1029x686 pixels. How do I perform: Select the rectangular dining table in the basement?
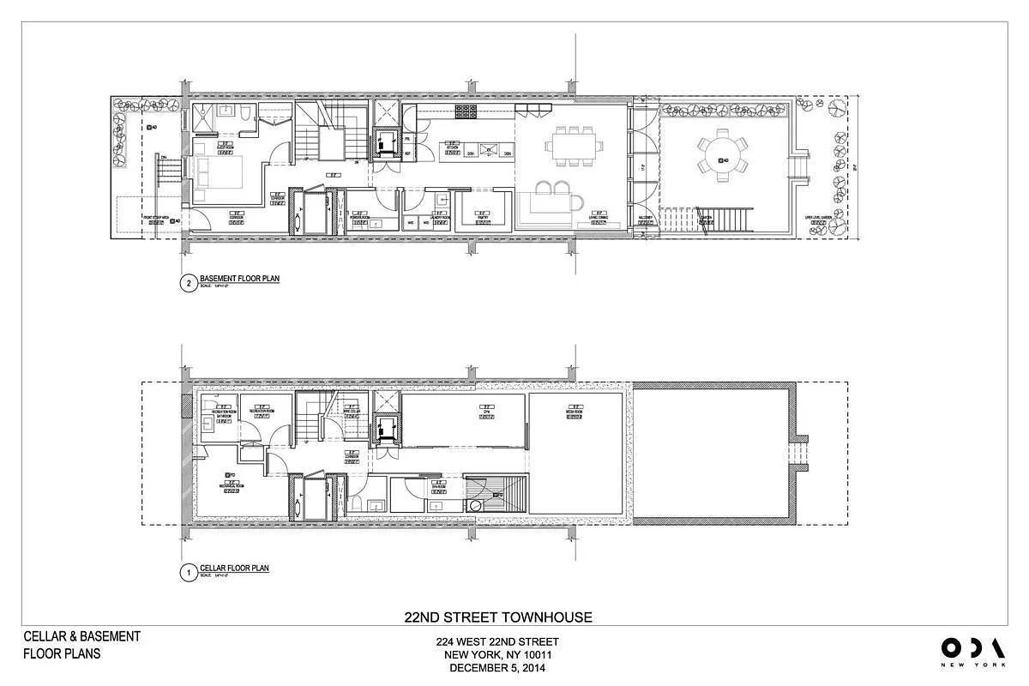click(570, 146)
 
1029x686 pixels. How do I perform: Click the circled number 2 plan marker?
click(186, 286)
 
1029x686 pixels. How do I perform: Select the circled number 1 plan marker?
click(186, 574)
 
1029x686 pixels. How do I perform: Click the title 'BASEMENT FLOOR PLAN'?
click(239, 279)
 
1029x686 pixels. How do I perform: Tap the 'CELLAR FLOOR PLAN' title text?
click(234, 568)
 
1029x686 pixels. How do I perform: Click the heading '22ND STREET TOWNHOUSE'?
click(497, 617)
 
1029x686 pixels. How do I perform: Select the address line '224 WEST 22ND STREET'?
click(497, 642)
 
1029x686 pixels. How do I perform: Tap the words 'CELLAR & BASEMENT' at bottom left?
click(81, 636)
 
